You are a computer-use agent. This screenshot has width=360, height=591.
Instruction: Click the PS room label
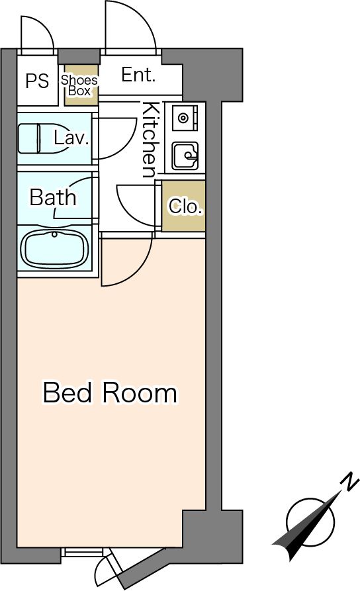click(x=37, y=81)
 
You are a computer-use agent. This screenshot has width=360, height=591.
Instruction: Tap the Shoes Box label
click(x=79, y=85)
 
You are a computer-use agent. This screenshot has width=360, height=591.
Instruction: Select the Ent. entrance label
click(x=138, y=75)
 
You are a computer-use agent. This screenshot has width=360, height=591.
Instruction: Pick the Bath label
click(x=53, y=197)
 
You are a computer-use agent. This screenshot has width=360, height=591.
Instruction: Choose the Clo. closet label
click(x=185, y=206)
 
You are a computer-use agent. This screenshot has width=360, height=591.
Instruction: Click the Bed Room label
click(x=110, y=393)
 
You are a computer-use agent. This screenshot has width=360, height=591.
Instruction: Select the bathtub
click(x=55, y=250)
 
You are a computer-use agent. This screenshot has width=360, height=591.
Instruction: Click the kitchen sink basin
click(x=185, y=156)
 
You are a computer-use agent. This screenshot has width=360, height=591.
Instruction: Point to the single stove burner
click(x=183, y=118)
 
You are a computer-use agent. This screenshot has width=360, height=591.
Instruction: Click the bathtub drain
click(x=55, y=234)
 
